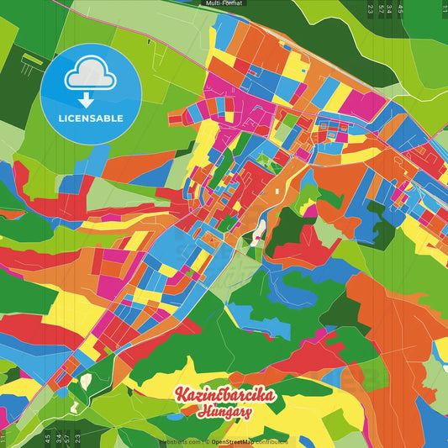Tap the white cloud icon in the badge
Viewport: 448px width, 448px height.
click(x=91, y=78)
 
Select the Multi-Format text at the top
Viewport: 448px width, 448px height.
click(x=224, y=3)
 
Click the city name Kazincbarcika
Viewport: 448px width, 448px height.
click(x=224, y=396)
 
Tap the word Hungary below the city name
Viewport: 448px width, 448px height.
click(x=225, y=413)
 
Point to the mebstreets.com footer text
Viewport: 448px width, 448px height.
click(x=181, y=441)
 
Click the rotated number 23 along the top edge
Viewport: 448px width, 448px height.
click(x=370, y=9)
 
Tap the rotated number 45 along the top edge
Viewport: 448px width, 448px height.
click(x=401, y=9)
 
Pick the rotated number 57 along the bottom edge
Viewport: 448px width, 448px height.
click(x=57, y=439)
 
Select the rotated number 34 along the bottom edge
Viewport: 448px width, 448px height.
click(x=67, y=439)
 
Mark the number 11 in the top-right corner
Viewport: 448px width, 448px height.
click(x=443, y=9)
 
